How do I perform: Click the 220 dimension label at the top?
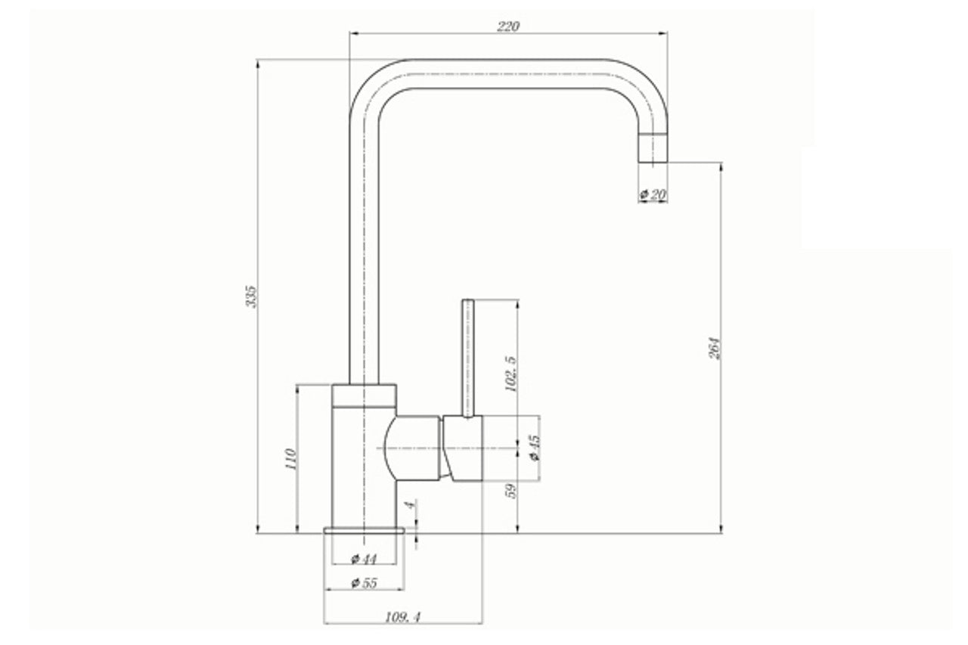tap(507, 26)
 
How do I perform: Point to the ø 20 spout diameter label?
tap(653, 195)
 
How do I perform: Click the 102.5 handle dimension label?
tap(510, 374)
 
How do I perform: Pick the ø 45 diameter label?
tap(535, 448)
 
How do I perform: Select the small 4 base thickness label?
tap(410, 504)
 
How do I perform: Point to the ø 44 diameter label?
tap(364, 560)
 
